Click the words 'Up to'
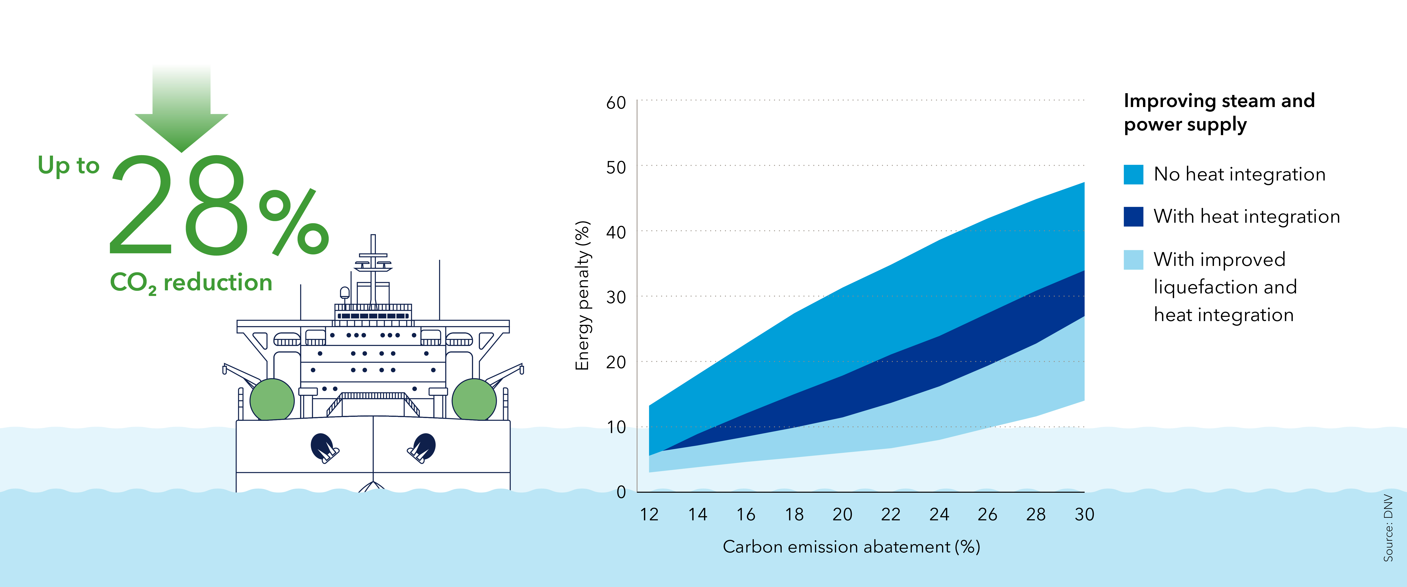click(x=68, y=165)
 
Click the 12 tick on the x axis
click(x=649, y=514)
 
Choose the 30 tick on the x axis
click(x=1084, y=514)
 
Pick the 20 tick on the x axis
click(x=842, y=514)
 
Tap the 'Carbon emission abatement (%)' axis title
click(x=851, y=547)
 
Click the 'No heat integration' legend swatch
click(x=1133, y=174)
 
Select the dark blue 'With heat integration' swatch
click(x=1133, y=216)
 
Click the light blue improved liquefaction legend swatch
click(x=1133, y=260)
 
